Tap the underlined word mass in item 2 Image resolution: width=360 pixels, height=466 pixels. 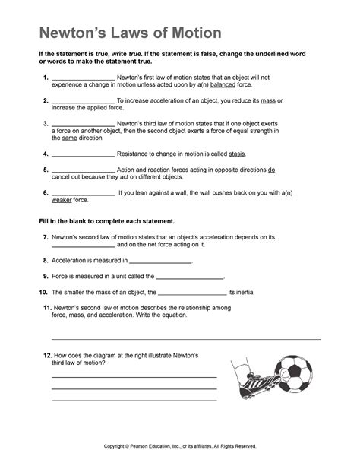264,100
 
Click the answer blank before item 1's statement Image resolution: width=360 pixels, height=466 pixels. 82,78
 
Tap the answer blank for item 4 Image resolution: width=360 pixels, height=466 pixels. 82,154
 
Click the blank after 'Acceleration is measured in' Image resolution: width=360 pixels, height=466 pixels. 161,261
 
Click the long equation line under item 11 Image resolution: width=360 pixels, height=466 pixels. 185,338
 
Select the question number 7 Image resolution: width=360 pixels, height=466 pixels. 46,237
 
